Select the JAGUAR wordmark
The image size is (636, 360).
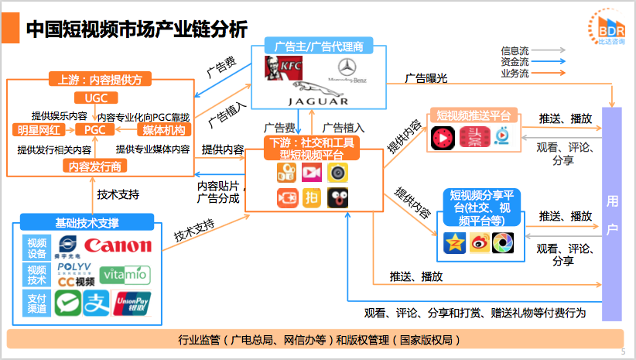(x=318, y=101)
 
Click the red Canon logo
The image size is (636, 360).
(x=118, y=246)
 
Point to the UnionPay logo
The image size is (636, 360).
(x=131, y=301)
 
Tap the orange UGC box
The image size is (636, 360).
(x=96, y=98)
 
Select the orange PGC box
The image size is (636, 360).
(x=95, y=129)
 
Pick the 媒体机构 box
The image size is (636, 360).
(x=161, y=129)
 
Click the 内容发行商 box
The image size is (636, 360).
(x=95, y=166)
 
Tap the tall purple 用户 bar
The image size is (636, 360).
(x=612, y=213)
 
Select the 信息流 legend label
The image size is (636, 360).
(x=515, y=51)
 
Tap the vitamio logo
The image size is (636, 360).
(x=125, y=273)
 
